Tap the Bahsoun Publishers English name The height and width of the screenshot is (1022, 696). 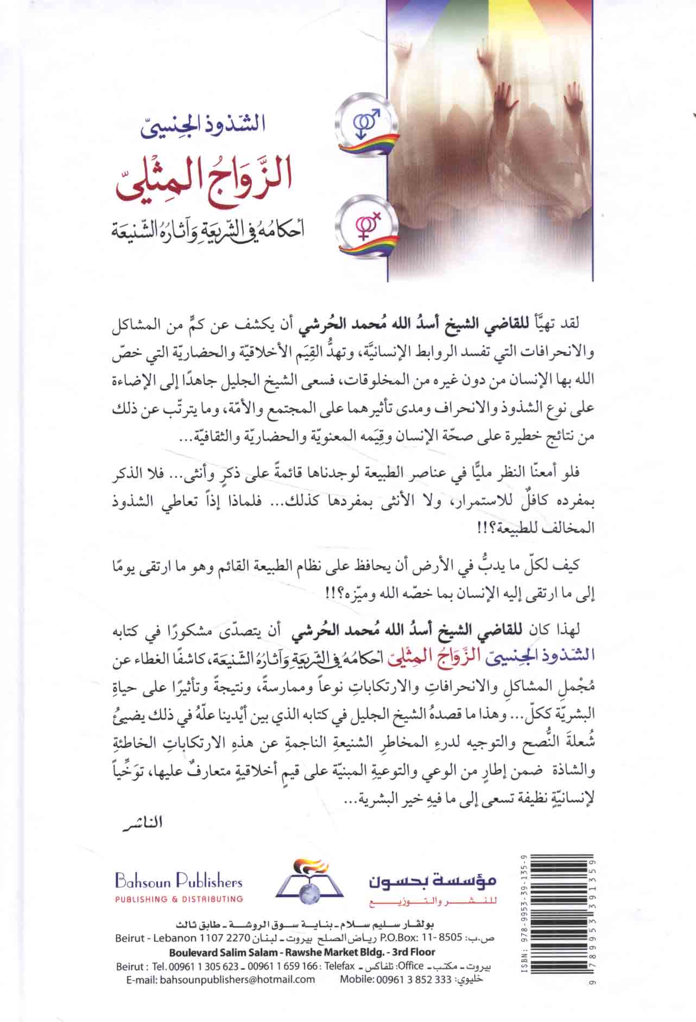point(178,882)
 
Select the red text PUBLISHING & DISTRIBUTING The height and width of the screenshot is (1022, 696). point(179,899)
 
